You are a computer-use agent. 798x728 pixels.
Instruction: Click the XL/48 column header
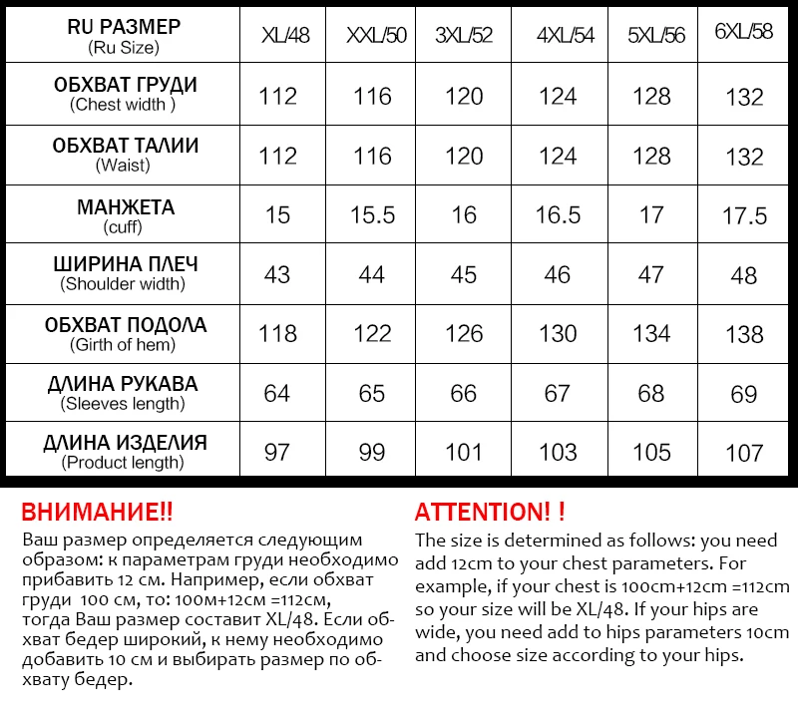coord(285,36)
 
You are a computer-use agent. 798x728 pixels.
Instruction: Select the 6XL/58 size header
coord(744,32)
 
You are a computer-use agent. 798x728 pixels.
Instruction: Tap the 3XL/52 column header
coord(464,36)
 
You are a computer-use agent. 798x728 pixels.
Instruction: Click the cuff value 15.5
coord(372,215)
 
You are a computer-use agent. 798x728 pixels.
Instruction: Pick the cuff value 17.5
coord(744,216)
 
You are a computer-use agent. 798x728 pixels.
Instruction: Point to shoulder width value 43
coord(277,274)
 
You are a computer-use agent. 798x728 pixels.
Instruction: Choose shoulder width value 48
coord(744,275)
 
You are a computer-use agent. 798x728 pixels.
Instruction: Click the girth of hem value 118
coord(277,333)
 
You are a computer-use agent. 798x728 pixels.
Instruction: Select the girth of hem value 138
coord(744,334)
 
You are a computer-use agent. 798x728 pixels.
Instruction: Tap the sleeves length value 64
coord(277,393)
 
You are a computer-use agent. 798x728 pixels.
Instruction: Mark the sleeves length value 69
coord(744,394)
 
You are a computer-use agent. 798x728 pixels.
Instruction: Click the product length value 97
coord(277,452)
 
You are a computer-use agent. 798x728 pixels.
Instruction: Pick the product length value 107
coord(744,453)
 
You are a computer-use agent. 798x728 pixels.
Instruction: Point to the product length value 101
coord(464,452)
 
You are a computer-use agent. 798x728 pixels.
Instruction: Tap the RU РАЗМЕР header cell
coord(125,36)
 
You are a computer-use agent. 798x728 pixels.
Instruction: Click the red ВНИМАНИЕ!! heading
coord(97,513)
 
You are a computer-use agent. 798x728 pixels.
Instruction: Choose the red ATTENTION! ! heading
coord(490,513)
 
